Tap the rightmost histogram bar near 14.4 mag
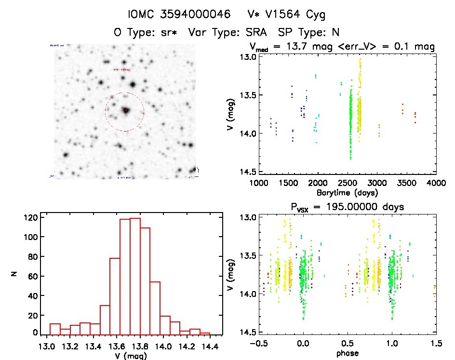click(205, 333)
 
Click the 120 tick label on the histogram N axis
click(30, 217)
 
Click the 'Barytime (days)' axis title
click(347, 192)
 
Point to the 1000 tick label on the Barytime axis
click(258, 183)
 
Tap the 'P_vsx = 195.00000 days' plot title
click(347, 207)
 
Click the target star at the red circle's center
click(125, 111)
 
